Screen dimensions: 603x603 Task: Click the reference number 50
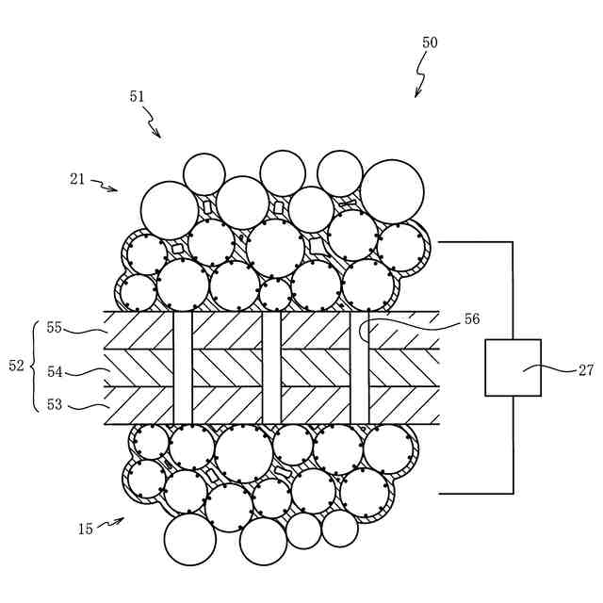click(x=430, y=43)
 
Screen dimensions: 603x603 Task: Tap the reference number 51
click(x=138, y=96)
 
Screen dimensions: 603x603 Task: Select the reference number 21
click(x=77, y=178)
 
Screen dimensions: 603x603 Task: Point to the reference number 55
click(x=55, y=328)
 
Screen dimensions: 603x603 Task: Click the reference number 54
click(x=55, y=372)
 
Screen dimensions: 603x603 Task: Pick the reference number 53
click(x=55, y=404)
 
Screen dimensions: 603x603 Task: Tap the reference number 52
click(x=17, y=366)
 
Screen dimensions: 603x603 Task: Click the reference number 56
click(x=472, y=319)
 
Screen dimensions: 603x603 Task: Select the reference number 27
click(x=586, y=370)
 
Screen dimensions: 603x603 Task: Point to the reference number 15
click(x=85, y=530)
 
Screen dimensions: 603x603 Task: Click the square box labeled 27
click(x=513, y=367)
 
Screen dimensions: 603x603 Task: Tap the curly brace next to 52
click(x=35, y=366)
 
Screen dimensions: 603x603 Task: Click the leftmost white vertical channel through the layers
click(x=183, y=367)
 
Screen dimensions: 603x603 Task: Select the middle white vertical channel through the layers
click(x=271, y=367)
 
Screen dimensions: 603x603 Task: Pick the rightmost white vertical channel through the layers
click(x=360, y=367)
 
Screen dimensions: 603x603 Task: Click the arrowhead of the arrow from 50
click(x=416, y=94)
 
